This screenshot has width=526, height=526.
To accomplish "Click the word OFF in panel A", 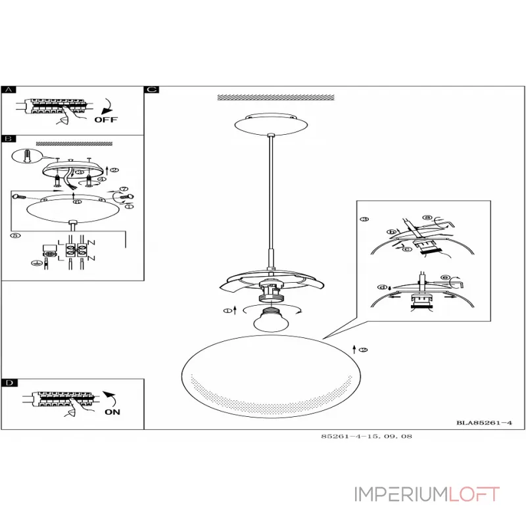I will (105, 120).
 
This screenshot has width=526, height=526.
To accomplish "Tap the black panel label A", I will (7, 89).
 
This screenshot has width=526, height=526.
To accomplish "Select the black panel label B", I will (7, 139).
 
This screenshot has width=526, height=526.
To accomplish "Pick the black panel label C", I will (151, 89).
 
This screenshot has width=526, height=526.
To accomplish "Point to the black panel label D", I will (7, 383).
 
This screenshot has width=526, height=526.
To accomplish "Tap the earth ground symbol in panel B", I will (36, 264).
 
